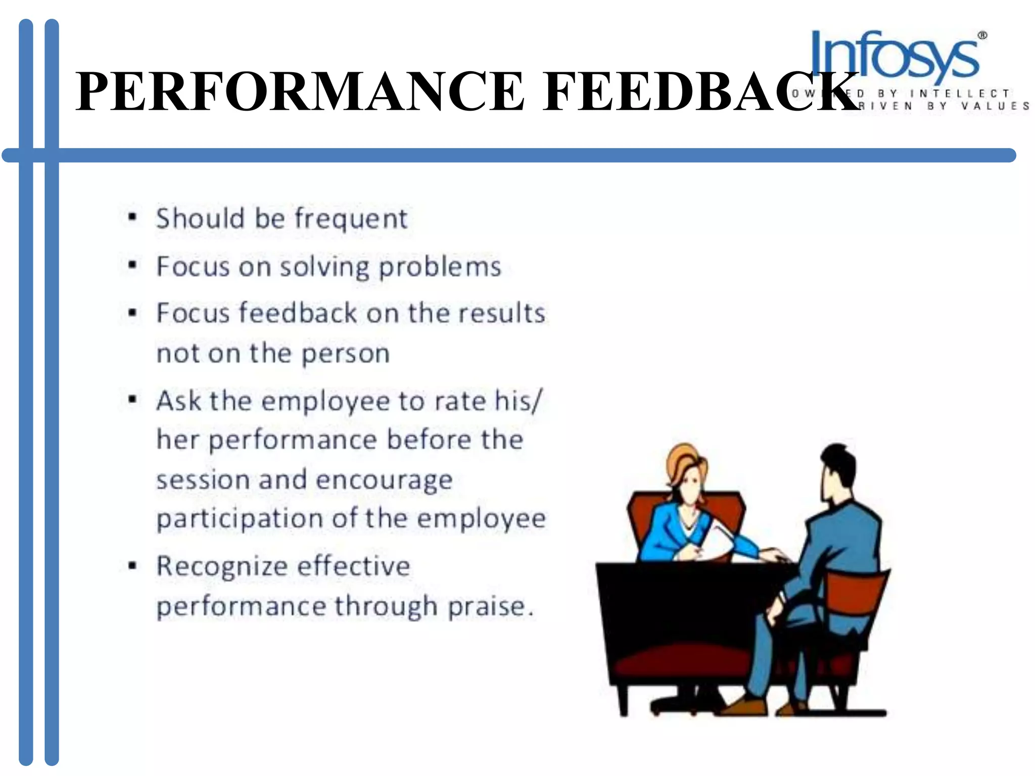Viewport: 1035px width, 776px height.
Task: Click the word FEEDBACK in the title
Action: (x=699, y=92)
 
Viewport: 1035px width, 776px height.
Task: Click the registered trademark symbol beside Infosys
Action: (x=982, y=35)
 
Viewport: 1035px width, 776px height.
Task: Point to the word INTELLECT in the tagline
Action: (x=960, y=94)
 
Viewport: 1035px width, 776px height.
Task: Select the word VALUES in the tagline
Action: (x=995, y=106)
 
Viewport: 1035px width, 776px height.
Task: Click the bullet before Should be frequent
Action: (x=132, y=218)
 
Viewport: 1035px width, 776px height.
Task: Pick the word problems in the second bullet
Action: (x=440, y=267)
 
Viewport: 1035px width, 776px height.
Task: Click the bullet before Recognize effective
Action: (x=132, y=565)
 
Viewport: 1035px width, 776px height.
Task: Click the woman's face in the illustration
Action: (x=690, y=488)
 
